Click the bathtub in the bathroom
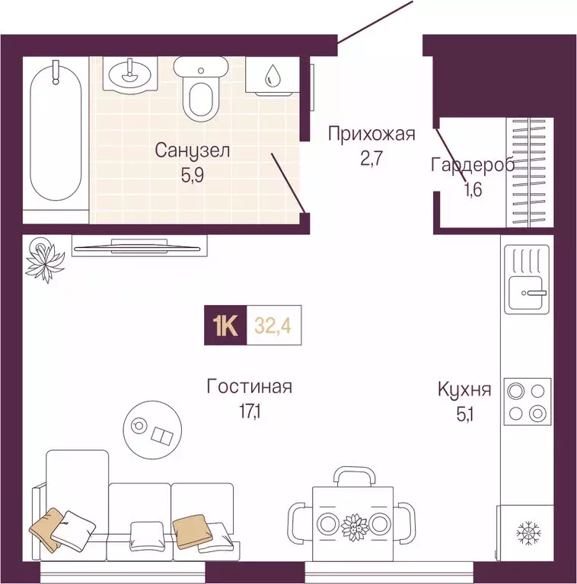coord(55,137)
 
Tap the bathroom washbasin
coord(129,75)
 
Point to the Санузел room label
coord(192,151)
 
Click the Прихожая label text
coord(371,135)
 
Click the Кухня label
coord(464,390)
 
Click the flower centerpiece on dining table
coord(353,524)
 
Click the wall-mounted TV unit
coord(139,245)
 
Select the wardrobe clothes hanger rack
coord(528,173)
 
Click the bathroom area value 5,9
coord(192,173)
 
